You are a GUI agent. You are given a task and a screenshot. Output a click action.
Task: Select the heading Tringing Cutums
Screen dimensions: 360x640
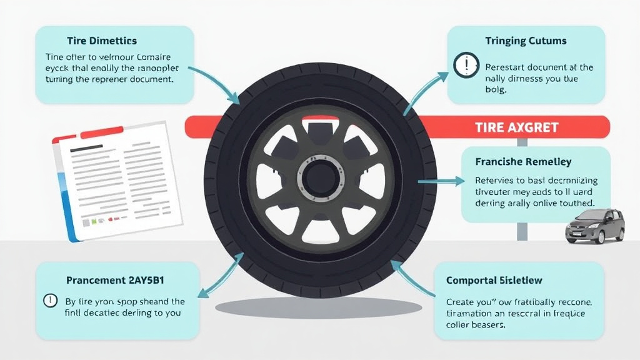(x=526, y=41)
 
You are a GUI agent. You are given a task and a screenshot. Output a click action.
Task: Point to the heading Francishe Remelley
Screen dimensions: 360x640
(x=523, y=162)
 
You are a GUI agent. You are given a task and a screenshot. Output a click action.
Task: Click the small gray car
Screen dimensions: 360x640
(x=594, y=226)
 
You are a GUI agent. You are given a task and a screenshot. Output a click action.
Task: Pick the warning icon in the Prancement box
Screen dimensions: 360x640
(x=49, y=301)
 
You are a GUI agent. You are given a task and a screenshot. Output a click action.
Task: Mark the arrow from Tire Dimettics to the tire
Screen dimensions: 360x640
(x=215, y=82)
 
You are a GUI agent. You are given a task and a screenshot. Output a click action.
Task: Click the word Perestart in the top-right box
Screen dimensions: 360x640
(x=506, y=67)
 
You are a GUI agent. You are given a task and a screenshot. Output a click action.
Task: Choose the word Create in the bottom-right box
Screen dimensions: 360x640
(x=461, y=301)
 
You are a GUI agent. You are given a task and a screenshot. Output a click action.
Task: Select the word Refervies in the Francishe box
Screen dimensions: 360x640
(x=497, y=181)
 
